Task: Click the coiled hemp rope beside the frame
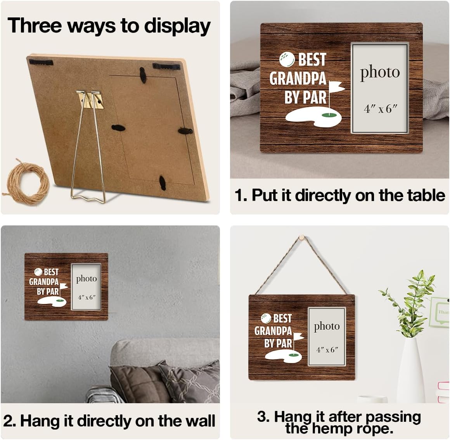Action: (x=27, y=183)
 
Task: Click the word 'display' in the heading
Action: (x=177, y=26)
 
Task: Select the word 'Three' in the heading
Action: (x=35, y=25)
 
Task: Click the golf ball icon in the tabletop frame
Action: (x=287, y=59)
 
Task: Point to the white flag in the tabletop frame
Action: (x=336, y=86)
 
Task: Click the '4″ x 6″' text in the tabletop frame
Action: (x=380, y=109)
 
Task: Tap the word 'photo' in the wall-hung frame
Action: (x=87, y=279)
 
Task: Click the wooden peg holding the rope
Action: (x=301, y=237)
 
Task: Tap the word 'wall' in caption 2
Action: (x=200, y=421)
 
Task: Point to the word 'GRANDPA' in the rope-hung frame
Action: (x=273, y=331)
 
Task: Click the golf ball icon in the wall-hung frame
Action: (x=38, y=272)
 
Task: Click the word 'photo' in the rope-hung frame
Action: (x=327, y=327)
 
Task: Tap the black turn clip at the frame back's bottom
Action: (x=163, y=183)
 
